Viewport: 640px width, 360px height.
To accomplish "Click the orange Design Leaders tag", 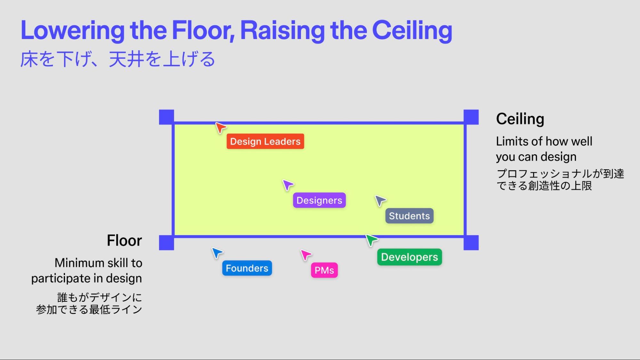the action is tap(265, 141).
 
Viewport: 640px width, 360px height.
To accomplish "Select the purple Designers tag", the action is tap(319, 200).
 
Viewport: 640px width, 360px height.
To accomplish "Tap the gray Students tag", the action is tap(409, 216).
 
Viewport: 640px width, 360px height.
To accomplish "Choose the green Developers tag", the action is tap(409, 257).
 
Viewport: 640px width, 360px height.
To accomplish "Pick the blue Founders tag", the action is tap(247, 268).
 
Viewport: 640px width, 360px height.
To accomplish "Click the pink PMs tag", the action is tap(324, 270).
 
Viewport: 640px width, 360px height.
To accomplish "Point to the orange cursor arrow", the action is tap(220, 127).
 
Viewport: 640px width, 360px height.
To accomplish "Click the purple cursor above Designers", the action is tap(288, 185).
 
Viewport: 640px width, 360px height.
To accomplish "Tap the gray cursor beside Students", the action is tap(380, 201).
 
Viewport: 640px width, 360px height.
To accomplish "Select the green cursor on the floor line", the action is tap(371, 240).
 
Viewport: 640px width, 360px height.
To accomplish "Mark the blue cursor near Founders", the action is tap(217, 253).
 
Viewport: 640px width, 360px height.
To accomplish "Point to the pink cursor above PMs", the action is tap(305, 255).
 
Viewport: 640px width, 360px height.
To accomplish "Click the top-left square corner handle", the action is tap(166, 117).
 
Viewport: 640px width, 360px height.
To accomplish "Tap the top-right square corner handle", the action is tap(471, 117).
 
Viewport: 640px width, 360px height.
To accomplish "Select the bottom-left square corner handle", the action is tap(166, 243).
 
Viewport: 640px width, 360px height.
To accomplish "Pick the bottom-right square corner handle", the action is tap(471, 243).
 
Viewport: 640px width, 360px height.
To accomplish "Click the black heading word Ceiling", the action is tap(520, 119).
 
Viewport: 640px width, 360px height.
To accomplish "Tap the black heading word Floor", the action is tap(124, 240).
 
